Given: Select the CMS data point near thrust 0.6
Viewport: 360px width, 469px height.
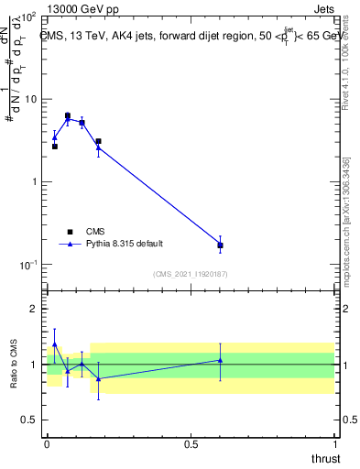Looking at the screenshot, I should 220,245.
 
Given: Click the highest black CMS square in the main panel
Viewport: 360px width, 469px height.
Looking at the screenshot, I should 68,115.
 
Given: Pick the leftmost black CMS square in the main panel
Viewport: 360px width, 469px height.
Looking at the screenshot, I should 55,147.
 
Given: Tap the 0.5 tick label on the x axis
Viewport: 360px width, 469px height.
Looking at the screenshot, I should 191,443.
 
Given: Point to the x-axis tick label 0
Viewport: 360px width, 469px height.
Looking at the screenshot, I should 47,443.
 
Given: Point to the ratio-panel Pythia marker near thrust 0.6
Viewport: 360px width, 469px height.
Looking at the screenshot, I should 220,360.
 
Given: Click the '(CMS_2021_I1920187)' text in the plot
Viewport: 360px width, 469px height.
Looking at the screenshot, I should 191,274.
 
